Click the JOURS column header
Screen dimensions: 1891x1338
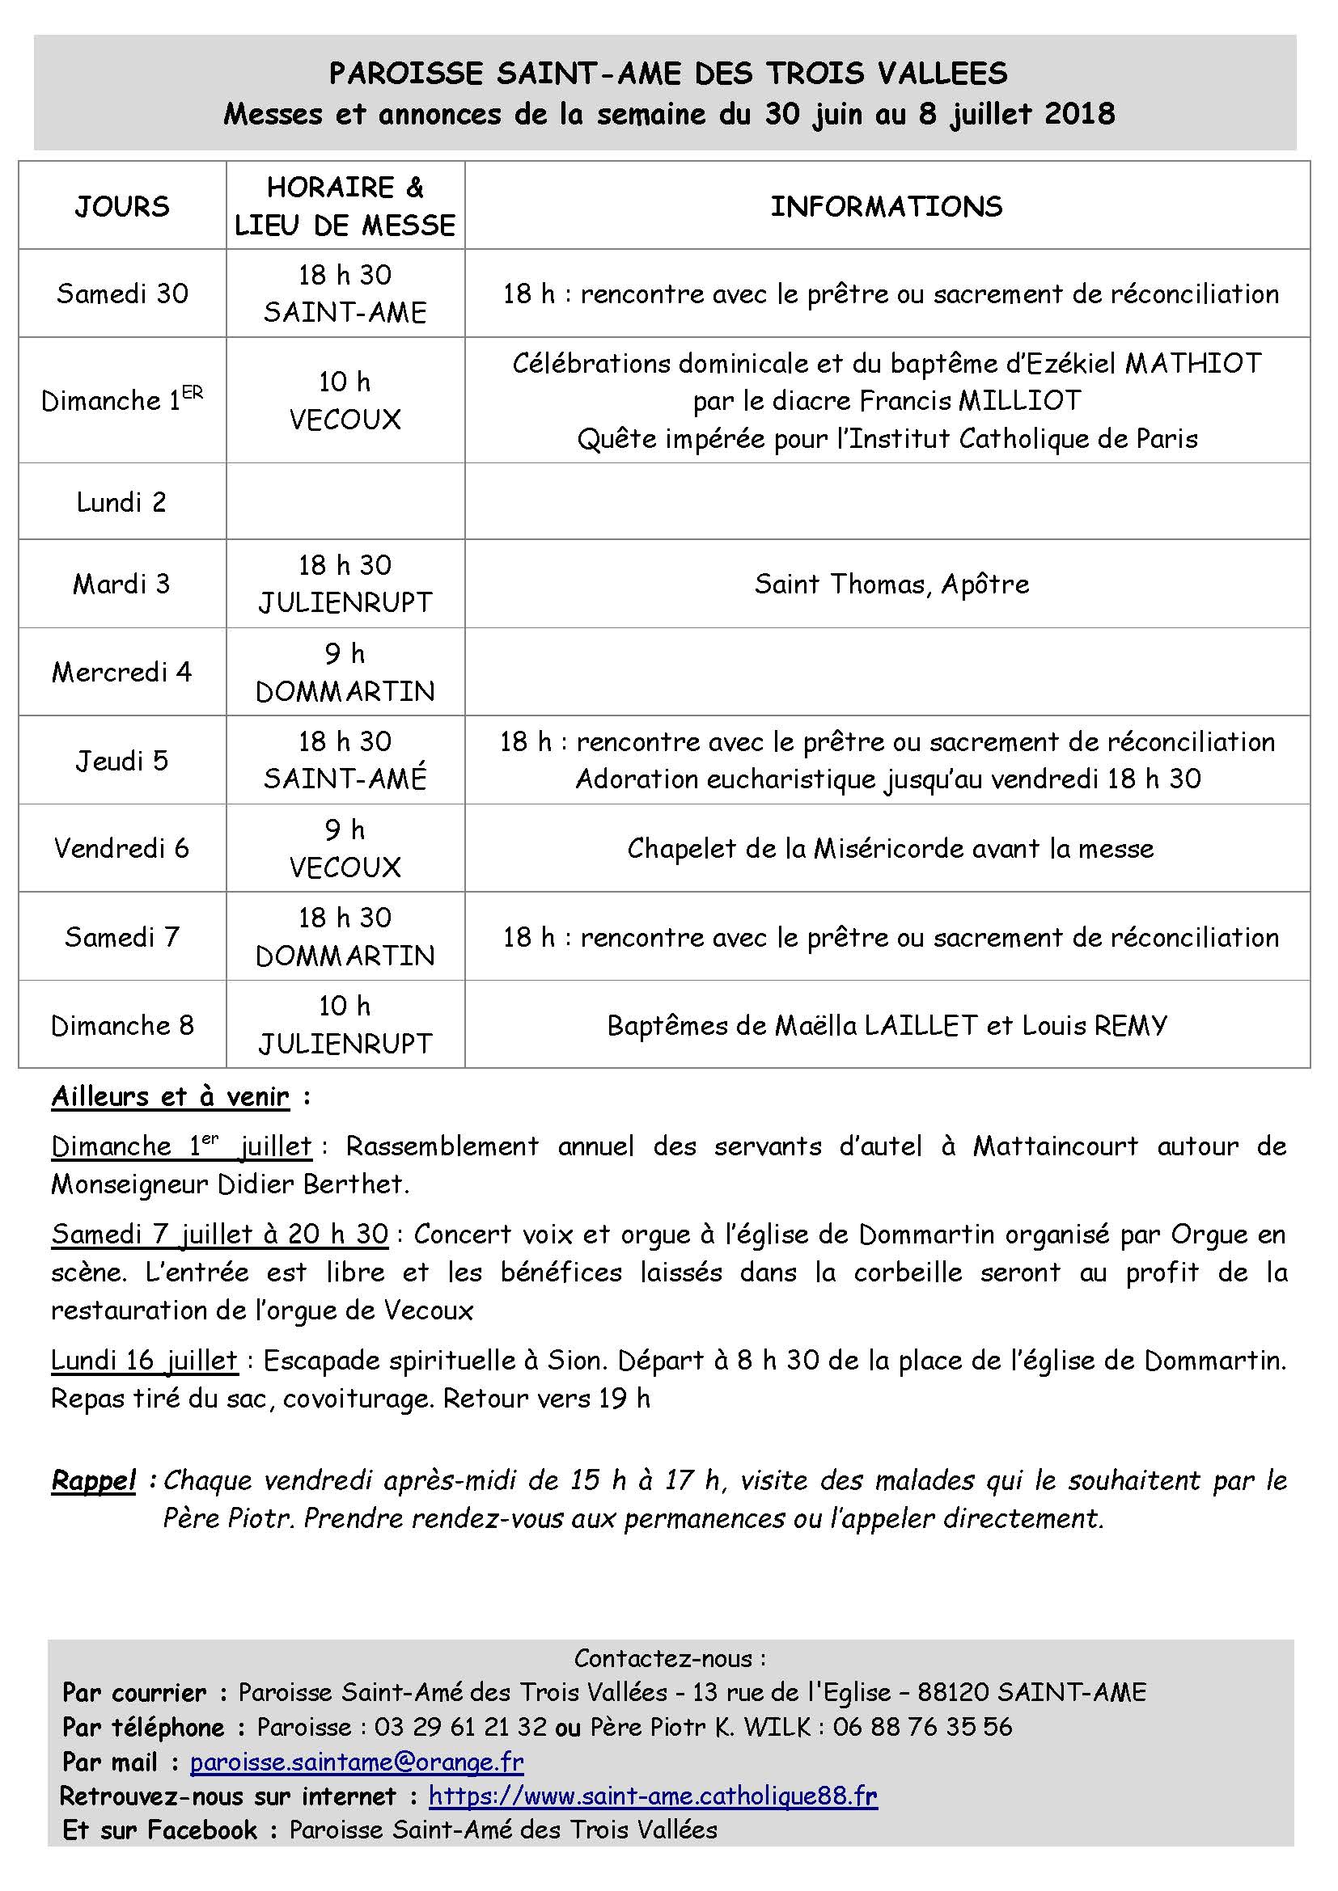122,206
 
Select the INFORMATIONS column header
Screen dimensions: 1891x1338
887,206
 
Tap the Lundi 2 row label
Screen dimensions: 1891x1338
122,501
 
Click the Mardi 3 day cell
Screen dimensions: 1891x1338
122,584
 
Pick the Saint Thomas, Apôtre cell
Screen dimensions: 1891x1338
891,584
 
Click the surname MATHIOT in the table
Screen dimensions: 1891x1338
1193,363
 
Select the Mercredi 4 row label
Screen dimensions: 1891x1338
122,672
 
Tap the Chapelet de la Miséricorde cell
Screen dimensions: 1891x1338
890,848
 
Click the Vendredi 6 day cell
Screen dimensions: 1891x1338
122,848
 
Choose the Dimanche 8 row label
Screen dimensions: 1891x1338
122,1025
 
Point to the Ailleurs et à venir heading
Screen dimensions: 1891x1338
171,1097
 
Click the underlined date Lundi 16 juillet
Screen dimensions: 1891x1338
144,1360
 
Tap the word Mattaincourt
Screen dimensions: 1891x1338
1056,1146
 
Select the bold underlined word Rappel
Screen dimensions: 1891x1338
93,1480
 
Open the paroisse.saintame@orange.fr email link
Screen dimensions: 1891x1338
357,1762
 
